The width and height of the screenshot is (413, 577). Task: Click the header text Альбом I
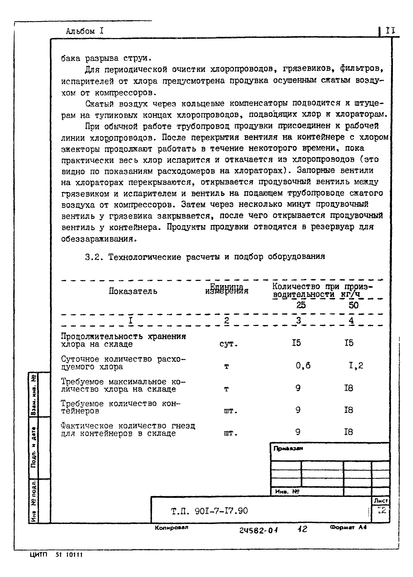pos(85,31)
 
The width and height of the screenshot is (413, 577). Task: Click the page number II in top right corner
pos(390,31)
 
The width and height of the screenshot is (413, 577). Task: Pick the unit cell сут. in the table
pos(228,344)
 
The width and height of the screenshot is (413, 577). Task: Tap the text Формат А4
pos(348,527)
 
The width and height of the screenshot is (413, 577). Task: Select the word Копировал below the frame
pos(171,527)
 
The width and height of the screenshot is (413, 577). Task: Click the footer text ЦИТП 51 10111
pos(56,555)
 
